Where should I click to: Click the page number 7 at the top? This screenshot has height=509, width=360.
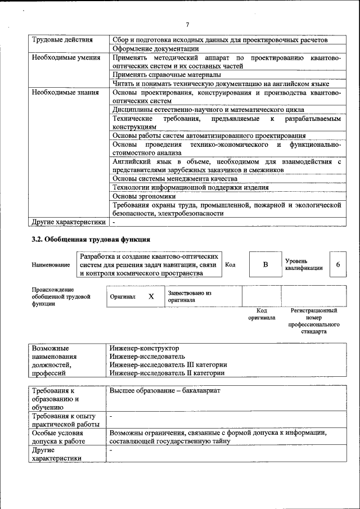[187, 24]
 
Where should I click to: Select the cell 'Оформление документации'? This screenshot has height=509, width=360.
[155, 49]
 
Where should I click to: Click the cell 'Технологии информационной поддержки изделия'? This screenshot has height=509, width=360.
[190, 187]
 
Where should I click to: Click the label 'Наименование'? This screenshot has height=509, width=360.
[51, 264]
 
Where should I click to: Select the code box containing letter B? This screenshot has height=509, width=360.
[265, 264]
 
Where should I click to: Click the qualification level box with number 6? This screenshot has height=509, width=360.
[337, 264]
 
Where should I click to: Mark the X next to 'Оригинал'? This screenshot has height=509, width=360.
[151, 296]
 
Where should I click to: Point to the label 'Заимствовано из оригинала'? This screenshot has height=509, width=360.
[189, 296]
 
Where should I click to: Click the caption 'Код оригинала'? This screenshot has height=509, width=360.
[262, 314]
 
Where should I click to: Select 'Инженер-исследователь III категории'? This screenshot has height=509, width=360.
[169, 364]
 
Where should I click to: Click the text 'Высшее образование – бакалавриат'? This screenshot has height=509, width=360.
[165, 390]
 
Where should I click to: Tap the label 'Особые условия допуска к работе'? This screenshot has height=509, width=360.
[58, 438]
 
